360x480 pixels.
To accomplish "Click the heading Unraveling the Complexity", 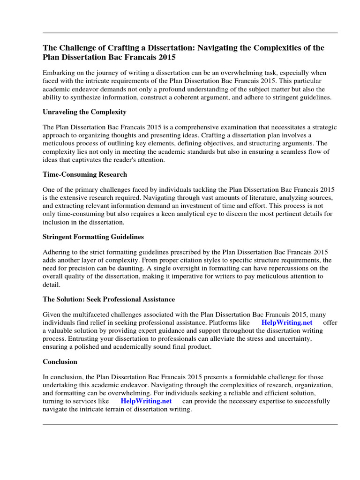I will coord(84,112).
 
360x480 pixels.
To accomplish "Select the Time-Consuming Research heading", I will coord(85,174).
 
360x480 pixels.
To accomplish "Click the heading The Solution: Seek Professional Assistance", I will coord(109,299).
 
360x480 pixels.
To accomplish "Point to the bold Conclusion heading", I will coord(60,362).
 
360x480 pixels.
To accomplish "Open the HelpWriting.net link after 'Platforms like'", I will coord(286,322).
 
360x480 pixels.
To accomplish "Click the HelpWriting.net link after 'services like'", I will coord(146,401).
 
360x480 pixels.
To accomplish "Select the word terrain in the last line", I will coord(120,409).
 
